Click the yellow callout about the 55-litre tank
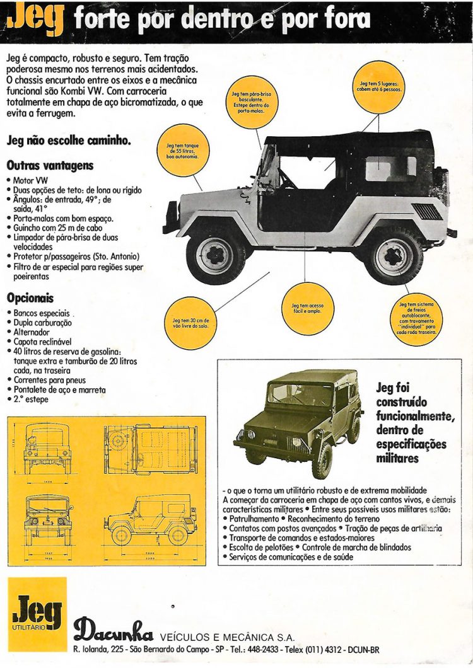(182, 150)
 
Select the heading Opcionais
(30, 297)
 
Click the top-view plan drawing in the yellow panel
(149, 449)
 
